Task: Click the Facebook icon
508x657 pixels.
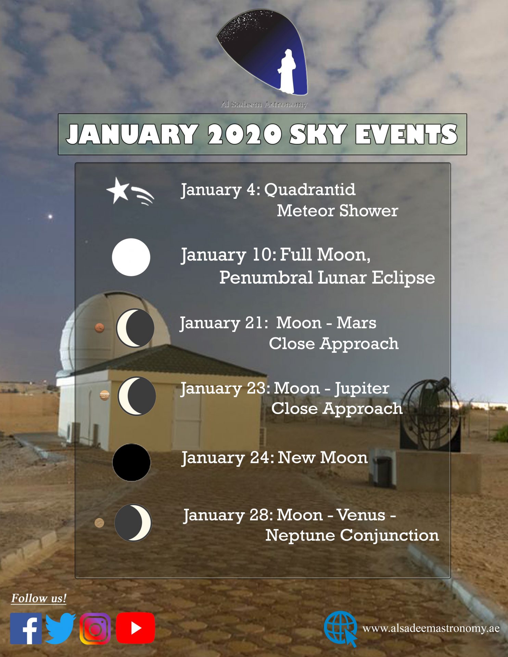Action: tap(26, 628)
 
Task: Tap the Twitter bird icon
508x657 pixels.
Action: tap(61, 628)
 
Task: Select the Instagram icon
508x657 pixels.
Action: tap(95, 629)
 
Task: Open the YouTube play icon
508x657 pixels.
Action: tap(136, 628)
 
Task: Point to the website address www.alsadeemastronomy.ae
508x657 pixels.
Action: tap(431, 628)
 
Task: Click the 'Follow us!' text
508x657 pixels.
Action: tap(39, 598)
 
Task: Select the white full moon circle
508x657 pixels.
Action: tap(131, 257)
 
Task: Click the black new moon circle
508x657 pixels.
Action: tap(131, 462)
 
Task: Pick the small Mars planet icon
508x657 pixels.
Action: tap(100, 328)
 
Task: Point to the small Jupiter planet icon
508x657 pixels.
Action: tap(104, 396)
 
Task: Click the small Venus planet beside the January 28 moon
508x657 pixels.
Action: tap(99, 523)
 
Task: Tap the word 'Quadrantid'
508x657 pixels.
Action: tap(310, 190)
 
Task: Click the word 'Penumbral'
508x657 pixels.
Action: tap(266, 277)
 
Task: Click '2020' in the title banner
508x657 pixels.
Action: tap(245, 134)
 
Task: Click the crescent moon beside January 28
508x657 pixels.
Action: tap(133, 523)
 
